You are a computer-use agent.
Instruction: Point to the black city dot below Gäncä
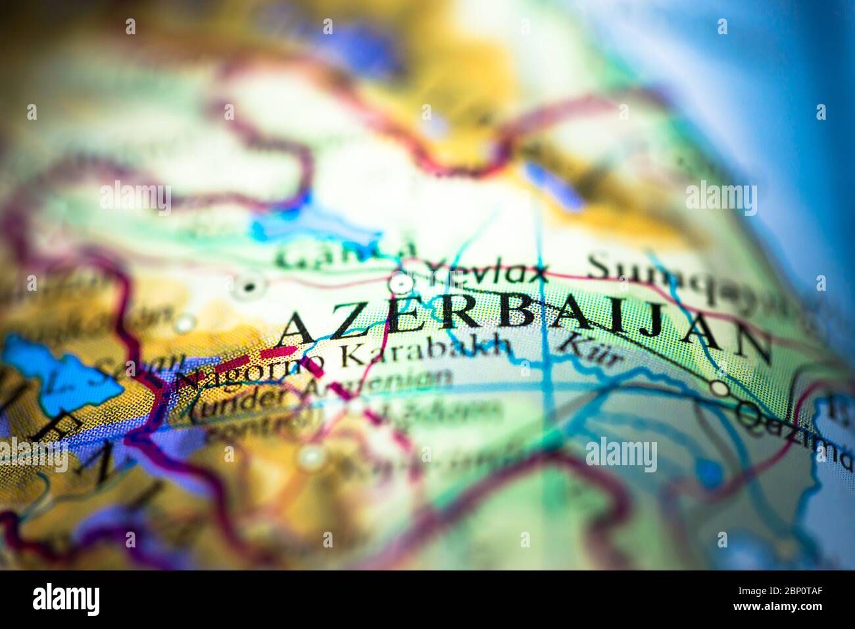click(x=249, y=286)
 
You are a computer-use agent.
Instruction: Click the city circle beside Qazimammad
click(x=721, y=389)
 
